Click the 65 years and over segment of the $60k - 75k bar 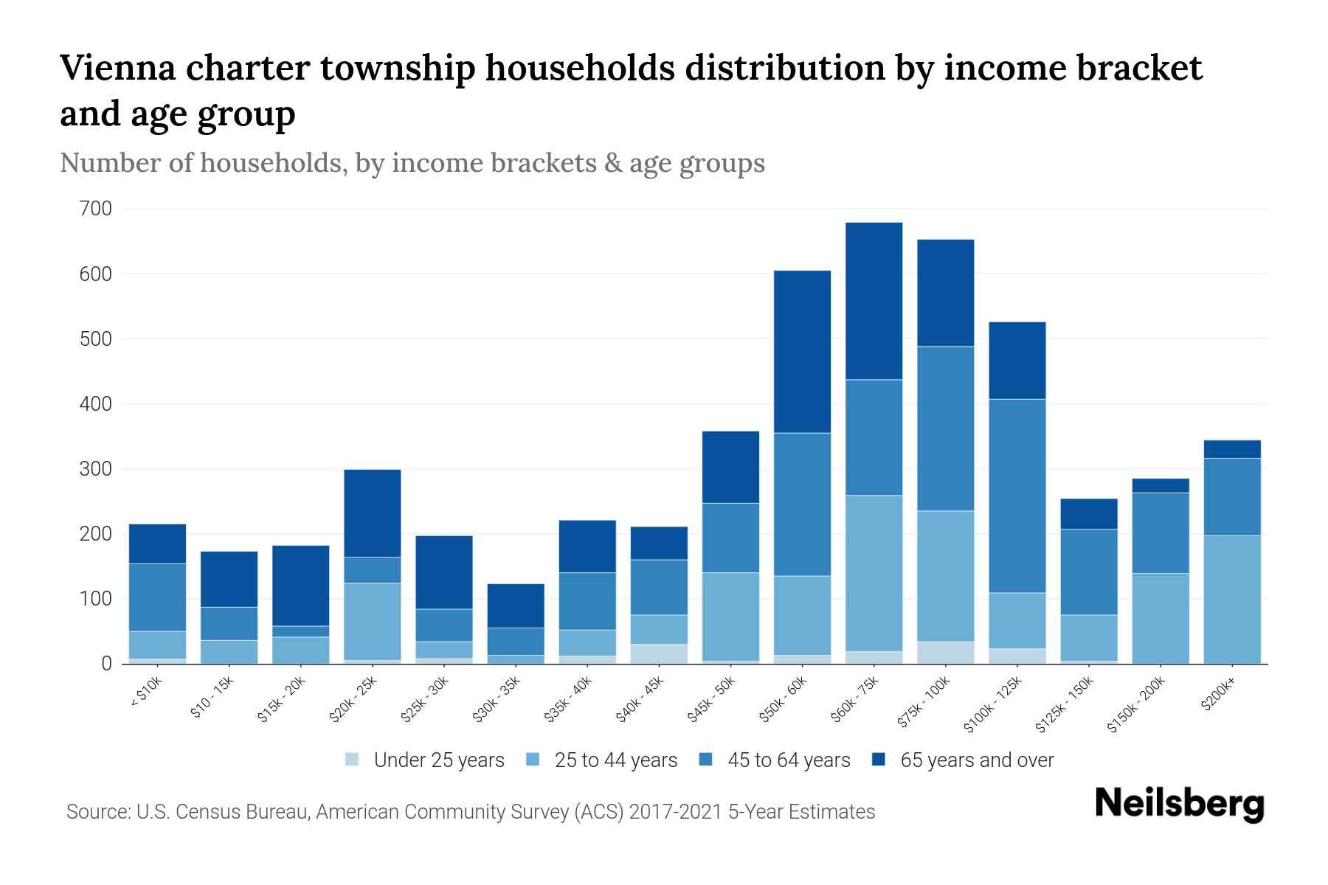tap(874, 301)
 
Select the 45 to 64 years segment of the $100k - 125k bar tap(1017, 496)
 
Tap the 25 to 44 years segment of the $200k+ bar tap(1232, 599)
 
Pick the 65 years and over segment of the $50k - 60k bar tap(802, 352)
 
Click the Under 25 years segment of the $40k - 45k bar tap(659, 653)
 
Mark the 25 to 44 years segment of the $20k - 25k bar tap(373, 621)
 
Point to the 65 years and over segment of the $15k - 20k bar tap(301, 586)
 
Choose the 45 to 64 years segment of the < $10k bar tap(157, 597)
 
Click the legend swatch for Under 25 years tap(353, 760)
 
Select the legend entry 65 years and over tap(976, 760)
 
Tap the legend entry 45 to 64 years tap(788, 760)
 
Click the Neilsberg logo tap(1179, 804)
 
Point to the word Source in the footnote tap(97, 812)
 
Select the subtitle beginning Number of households tap(412, 163)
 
